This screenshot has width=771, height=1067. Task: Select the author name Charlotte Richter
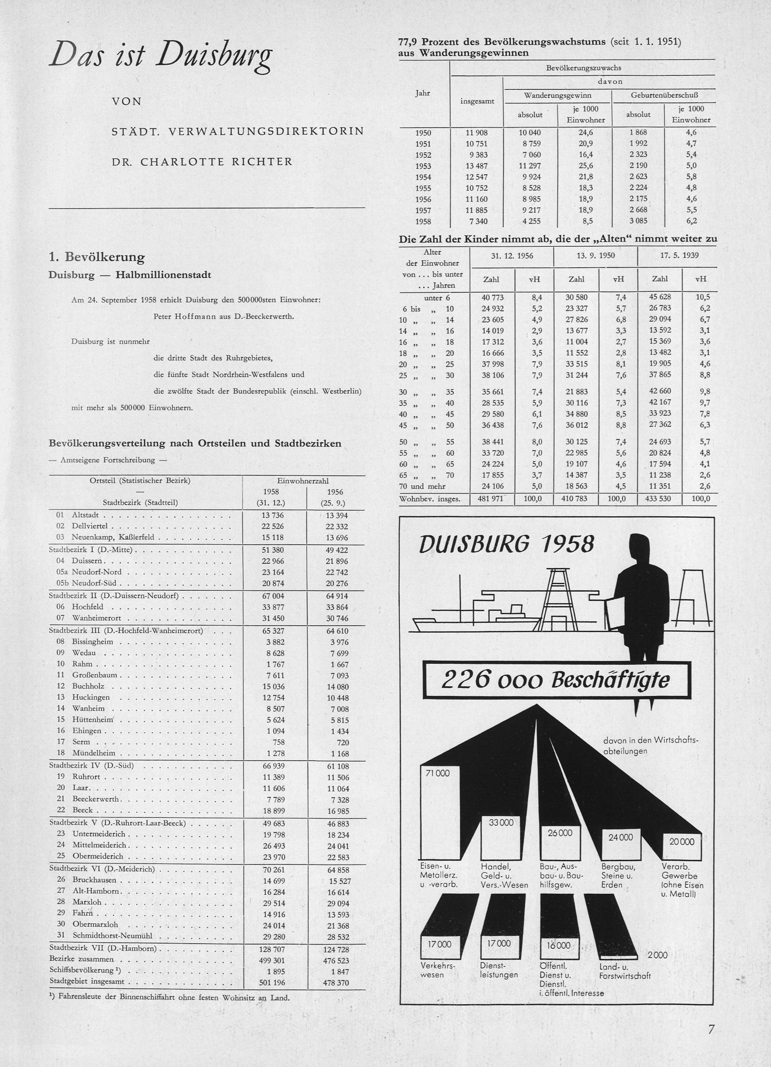coord(202,162)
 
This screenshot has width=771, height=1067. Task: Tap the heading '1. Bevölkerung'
coord(96,257)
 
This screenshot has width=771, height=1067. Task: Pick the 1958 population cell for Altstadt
coord(273,515)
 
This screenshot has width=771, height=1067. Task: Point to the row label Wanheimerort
coord(96,618)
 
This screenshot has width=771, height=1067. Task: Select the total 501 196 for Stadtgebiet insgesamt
coord(273,982)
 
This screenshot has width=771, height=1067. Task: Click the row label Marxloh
coord(87,902)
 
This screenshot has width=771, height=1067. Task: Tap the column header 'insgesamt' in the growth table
coord(478,101)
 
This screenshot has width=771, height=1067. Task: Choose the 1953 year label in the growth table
coord(423,166)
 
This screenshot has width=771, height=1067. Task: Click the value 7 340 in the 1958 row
coord(477,221)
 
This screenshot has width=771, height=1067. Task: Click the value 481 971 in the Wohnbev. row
coord(491,499)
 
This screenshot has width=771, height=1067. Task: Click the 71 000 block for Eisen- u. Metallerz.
coord(438,773)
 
